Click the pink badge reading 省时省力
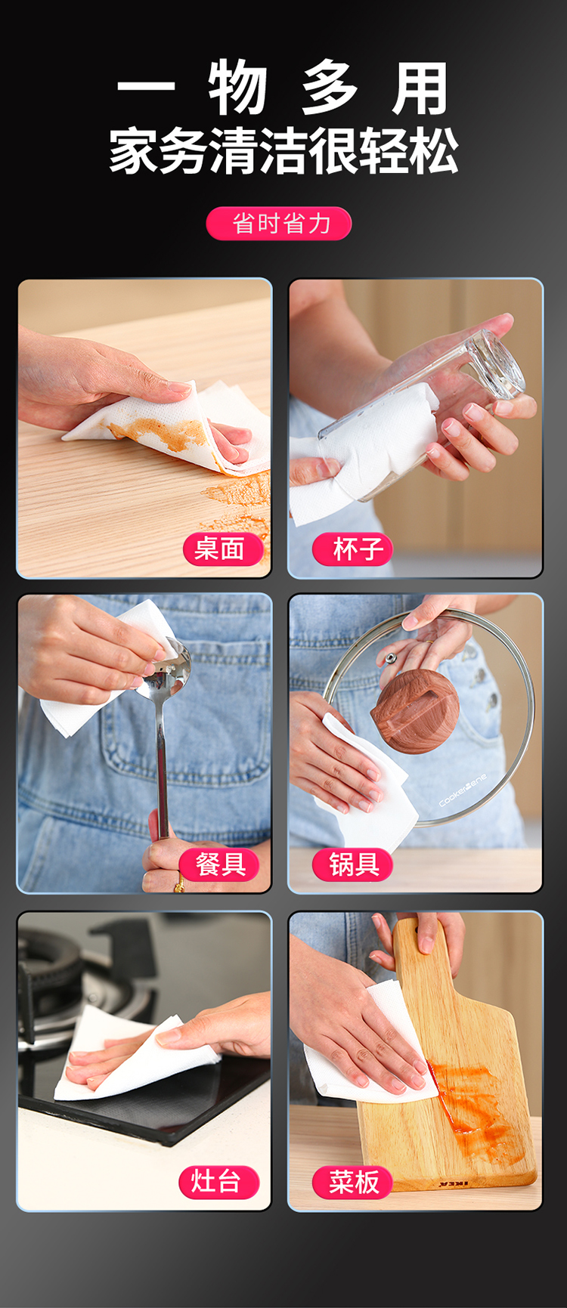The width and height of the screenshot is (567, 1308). click(279, 224)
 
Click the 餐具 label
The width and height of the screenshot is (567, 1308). click(219, 864)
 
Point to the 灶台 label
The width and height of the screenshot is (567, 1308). click(218, 1181)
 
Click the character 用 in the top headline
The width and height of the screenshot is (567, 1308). click(420, 88)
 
